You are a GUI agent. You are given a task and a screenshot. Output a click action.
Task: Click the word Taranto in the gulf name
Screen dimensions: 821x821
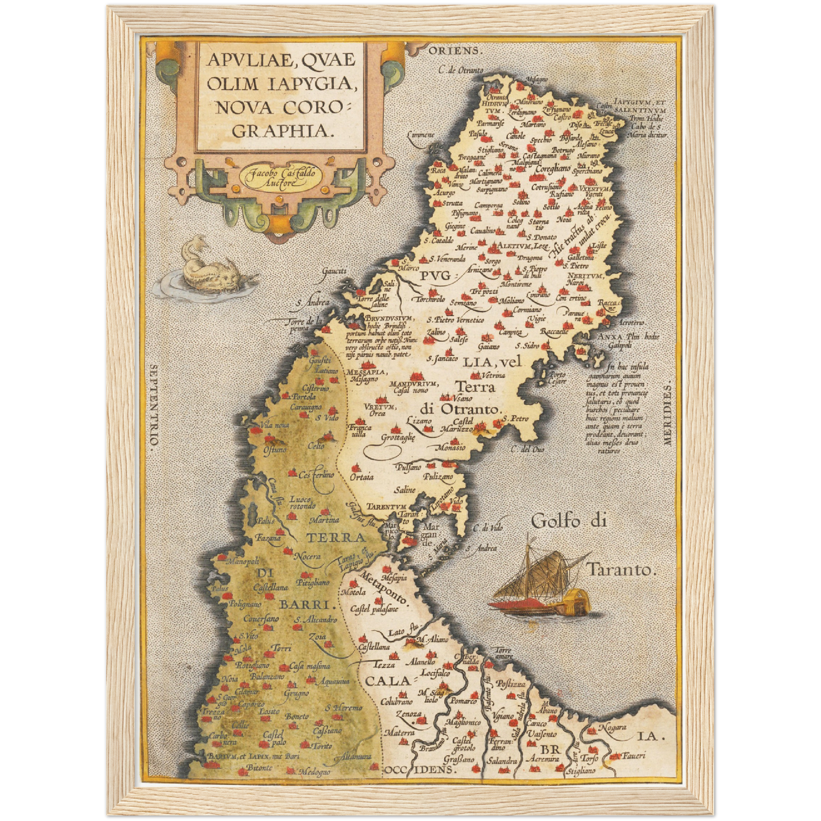click(x=622, y=569)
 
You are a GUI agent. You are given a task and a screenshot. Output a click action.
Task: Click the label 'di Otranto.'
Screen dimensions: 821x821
click(x=461, y=409)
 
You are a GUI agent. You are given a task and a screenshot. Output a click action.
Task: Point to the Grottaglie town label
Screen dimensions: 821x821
click(x=398, y=437)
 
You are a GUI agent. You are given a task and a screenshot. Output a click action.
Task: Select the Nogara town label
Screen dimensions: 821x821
click(x=611, y=727)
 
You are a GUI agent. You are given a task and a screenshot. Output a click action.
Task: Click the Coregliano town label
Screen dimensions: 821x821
click(x=551, y=168)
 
